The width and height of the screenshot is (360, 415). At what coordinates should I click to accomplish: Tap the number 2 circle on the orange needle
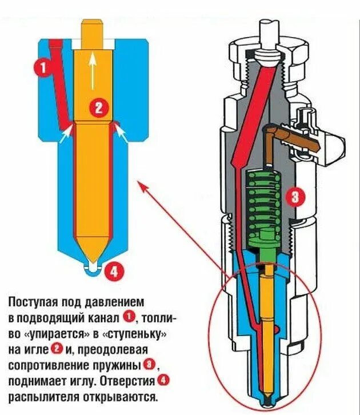click(x=98, y=106)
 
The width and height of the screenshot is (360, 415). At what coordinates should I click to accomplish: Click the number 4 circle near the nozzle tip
click(x=114, y=271)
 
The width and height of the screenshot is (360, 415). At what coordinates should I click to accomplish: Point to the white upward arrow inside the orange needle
click(x=92, y=68)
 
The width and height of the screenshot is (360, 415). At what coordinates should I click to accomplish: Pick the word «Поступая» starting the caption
click(x=34, y=301)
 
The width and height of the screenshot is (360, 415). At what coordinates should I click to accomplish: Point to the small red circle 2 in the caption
click(x=56, y=349)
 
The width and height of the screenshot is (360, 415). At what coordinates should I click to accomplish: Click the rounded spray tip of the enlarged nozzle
click(x=91, y=266)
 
